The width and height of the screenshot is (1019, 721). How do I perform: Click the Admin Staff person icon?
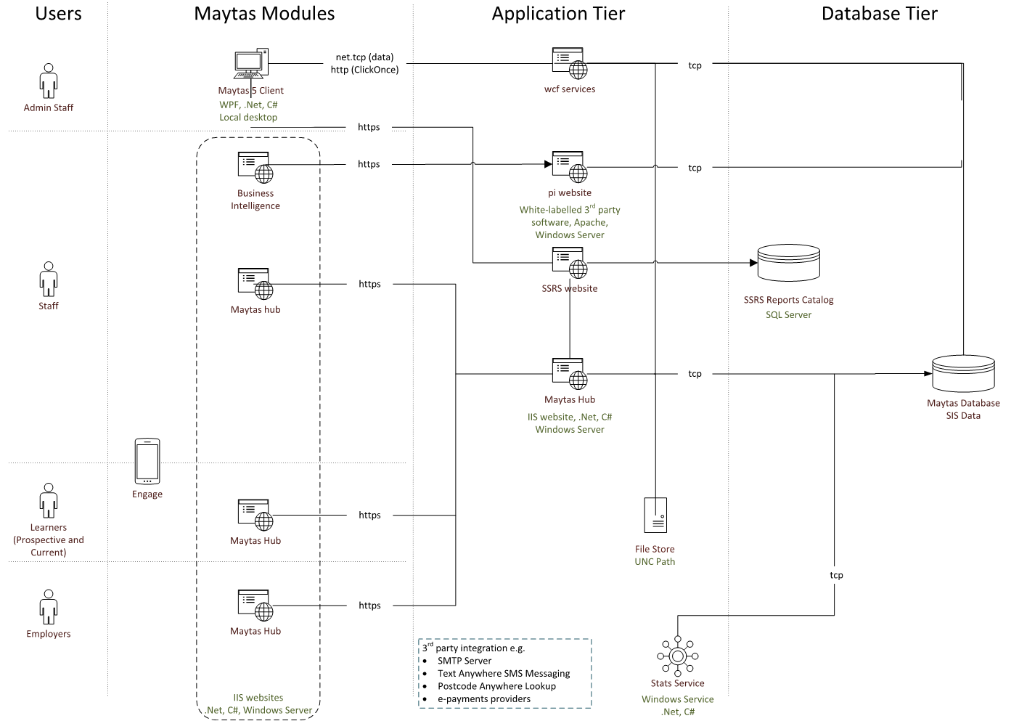click(49, 81)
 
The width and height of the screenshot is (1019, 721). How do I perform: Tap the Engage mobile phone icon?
click(147, 461)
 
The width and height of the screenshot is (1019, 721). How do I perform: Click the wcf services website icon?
click(570, 64)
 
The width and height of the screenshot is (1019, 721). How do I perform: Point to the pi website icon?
click(570, 167)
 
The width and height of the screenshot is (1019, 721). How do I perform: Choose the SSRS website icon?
click(570, 263)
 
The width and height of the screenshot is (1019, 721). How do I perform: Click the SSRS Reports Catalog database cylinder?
click(789, 263)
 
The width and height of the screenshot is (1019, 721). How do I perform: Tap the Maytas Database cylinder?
click(963, 373)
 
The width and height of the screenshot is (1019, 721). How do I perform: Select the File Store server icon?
click(655, 516)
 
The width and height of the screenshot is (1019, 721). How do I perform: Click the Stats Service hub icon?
click(678, 656)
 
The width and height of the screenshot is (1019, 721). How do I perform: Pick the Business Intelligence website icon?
click(255, 167)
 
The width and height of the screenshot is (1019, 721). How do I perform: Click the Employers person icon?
click(49, 607)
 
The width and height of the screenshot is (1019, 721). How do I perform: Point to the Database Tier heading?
click(879, 14)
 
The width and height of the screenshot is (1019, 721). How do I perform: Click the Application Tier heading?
click(558, 14)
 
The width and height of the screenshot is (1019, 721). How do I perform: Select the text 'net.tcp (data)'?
click(364, 57)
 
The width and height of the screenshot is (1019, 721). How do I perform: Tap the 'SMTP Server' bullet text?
click(465, 661)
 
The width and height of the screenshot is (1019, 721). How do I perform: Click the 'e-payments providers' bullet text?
click(484, 699)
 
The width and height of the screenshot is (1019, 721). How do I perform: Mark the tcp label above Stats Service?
click(836, 575)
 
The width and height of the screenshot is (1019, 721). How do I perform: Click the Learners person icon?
click(49, 500)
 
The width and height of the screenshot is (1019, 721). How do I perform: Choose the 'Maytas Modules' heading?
click(264, 14)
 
